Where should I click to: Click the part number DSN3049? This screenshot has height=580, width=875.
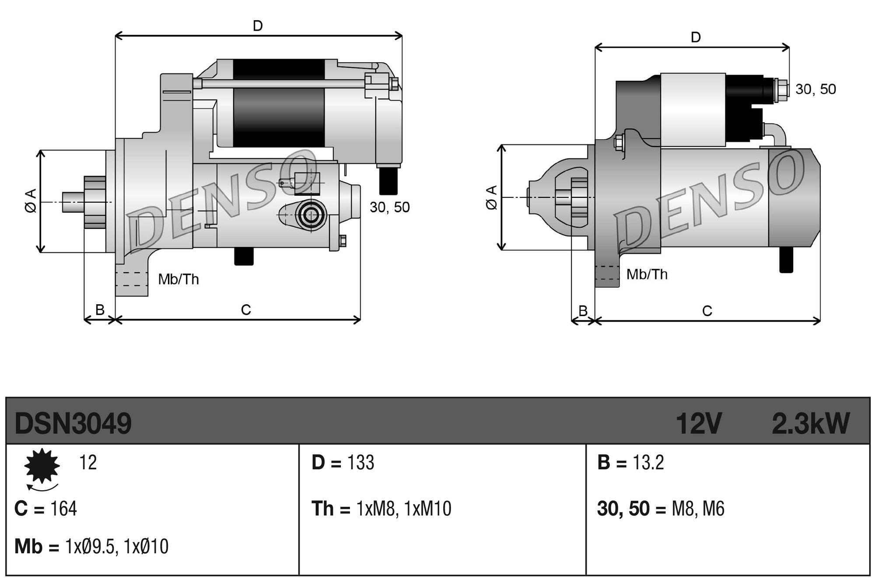(x=73, y=424)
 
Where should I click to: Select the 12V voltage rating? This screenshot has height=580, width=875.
(x=698, y=424)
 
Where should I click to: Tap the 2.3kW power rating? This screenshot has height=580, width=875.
(x=810, y=424)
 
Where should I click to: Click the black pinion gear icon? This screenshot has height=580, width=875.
(x=42, y=466)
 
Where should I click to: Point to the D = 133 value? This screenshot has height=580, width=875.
(x=343, y=463)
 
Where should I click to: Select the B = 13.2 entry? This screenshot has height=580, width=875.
(x=630, y=463)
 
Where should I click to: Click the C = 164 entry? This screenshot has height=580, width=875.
(x=45, y=509)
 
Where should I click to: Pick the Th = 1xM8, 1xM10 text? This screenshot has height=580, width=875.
(x=381, y=509)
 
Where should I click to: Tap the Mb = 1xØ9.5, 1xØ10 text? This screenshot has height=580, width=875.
(x=91, y=547)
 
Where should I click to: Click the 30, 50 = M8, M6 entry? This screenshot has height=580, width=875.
(x=661, y=509)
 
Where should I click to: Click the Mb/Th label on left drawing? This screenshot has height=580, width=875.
(x=178, y=279)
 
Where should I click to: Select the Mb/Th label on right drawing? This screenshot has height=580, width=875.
(x=647, y=274)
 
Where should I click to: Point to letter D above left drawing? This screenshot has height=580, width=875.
(x=258, y=26)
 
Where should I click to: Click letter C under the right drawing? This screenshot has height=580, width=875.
(x=707, y=311)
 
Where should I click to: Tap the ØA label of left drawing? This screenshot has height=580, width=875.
(x=31, y=201)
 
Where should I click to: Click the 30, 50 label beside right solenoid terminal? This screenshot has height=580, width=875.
(x=815, y=89)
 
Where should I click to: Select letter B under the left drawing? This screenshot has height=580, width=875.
(x=100, y=310)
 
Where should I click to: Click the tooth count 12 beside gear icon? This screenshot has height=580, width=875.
(x=88, y=463)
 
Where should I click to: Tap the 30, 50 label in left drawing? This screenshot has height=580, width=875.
(x=389, y=207)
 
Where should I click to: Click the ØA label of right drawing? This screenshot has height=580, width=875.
(x=492, y=198)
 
